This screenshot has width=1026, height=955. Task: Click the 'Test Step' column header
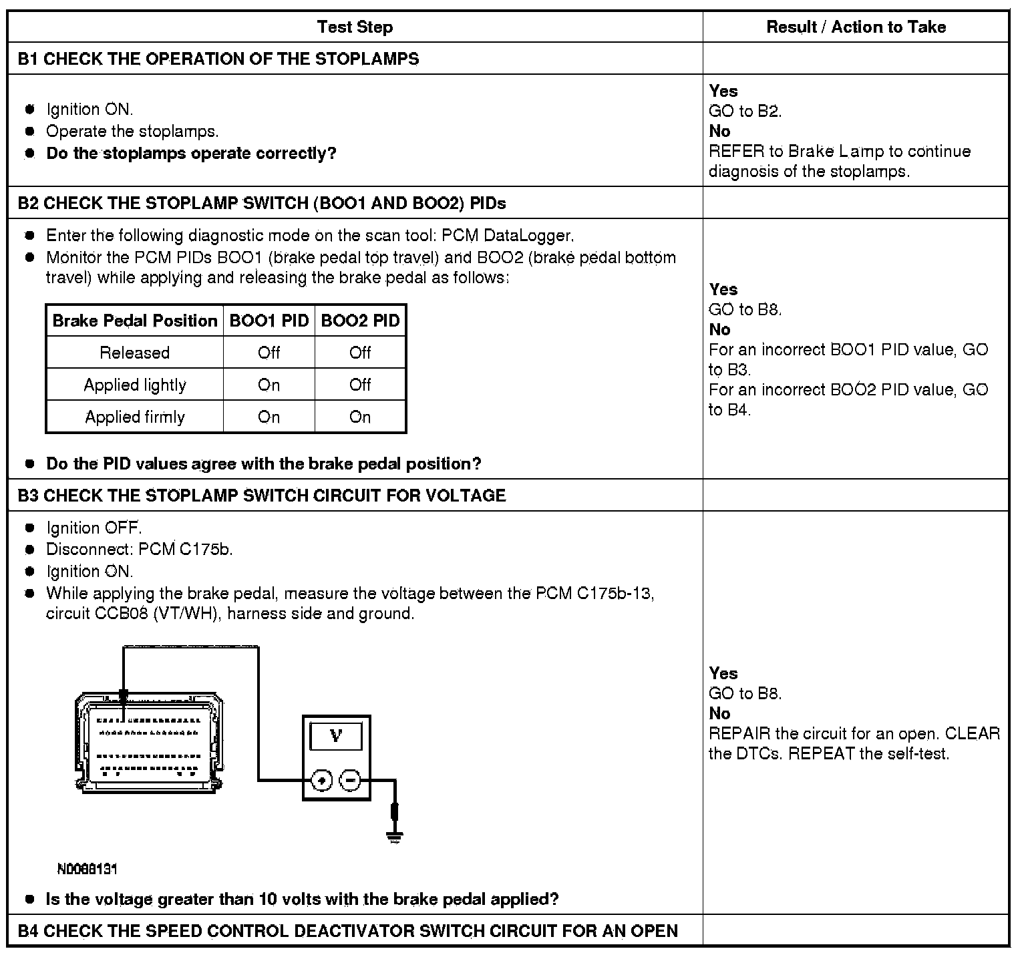355,27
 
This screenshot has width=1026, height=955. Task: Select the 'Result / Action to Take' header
856,27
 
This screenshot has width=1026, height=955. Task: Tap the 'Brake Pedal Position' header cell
135,321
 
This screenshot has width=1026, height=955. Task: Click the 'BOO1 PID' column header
269,321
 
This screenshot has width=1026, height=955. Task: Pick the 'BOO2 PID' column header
360,321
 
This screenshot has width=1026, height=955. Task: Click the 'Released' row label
135,353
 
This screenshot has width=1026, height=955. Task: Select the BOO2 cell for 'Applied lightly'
360,385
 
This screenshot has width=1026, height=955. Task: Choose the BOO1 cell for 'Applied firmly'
269,417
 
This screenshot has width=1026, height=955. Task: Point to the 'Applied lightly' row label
135,385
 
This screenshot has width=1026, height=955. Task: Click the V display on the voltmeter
336,737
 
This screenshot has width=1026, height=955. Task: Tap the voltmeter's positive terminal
322,779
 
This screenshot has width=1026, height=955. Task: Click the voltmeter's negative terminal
351,779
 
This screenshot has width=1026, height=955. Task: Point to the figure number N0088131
88,869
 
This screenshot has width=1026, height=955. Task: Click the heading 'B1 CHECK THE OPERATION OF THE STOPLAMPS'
218,59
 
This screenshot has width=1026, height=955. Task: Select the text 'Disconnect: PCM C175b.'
139,550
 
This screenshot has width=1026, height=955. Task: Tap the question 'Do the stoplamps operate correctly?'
191,154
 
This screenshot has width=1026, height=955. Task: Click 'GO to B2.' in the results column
745,111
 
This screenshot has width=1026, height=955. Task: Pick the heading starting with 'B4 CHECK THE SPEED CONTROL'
347,930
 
